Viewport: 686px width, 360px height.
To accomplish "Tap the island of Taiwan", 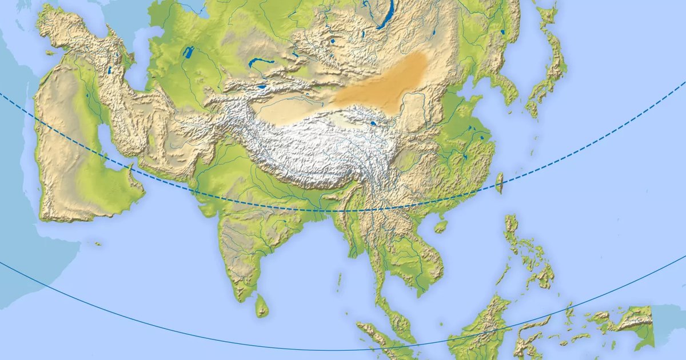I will pyautogui.click(x=499, y=182).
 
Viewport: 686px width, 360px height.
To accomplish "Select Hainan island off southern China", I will pyautogui.click(x=440, y=226).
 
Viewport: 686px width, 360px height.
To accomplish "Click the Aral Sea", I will pyautogui.click(x=188, y=53).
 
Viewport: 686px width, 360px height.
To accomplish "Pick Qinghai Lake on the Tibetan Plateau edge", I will pyautogui.click(x=373, y=122).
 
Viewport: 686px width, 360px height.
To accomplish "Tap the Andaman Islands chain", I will pyautogui.click(x=339, y=280).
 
